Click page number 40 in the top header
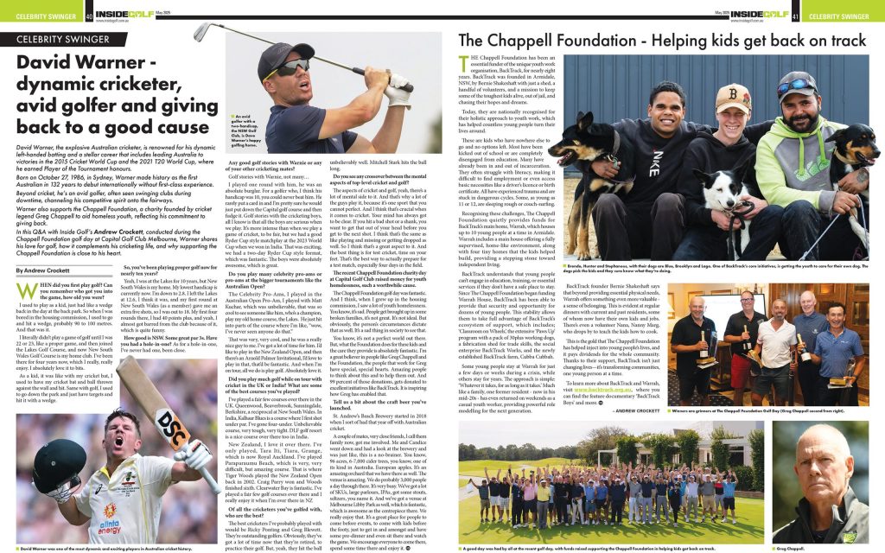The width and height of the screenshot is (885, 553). click(90, 16)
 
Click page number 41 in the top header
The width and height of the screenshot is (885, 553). click(793, 16)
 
